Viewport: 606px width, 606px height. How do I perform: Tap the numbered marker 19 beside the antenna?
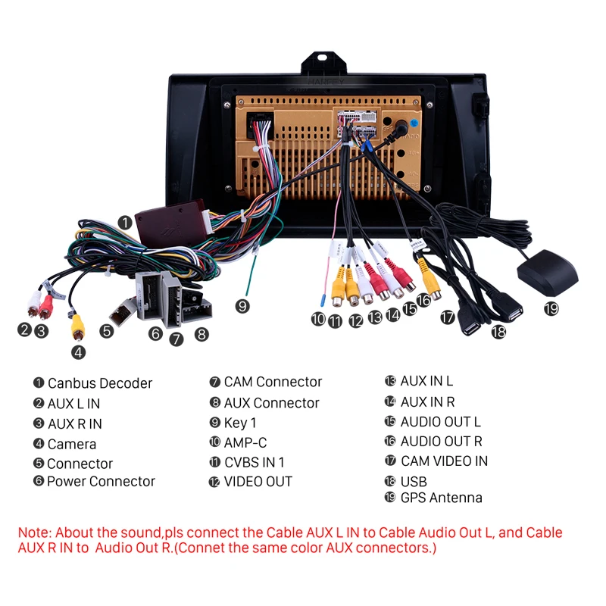point(551,308)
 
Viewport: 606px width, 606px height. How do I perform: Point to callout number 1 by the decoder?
point(125,222)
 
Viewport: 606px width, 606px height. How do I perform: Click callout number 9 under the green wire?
point(242,306)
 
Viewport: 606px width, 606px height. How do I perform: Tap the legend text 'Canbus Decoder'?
point(99,383)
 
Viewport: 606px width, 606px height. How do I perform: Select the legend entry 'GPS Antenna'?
point(441,498)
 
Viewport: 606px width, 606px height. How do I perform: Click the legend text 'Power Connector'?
point(101,481)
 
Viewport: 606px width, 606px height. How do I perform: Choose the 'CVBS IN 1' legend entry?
point(255,462)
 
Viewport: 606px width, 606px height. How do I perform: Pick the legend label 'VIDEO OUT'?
point(258,481)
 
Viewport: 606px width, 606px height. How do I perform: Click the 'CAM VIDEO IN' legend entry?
point(444,461)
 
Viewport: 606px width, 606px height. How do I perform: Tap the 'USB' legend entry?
point(414,481)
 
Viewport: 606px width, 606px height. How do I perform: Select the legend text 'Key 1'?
point(240,423)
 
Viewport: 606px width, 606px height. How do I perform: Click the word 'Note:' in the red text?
point(35,533)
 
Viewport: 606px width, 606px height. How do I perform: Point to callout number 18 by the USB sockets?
point(497,331)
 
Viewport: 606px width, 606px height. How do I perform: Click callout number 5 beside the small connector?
point(106,330)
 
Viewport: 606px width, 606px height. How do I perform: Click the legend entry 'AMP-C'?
point(245,442)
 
